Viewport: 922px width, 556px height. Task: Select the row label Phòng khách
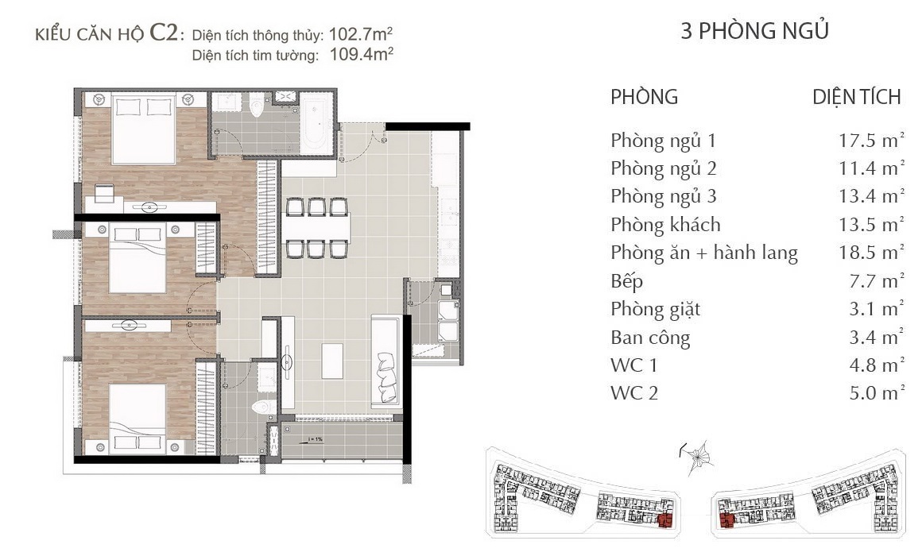point(665,225)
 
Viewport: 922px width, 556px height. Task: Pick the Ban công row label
point(650,338)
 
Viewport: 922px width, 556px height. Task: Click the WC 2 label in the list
point(634,392)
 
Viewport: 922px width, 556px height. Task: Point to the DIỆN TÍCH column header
point(857,97)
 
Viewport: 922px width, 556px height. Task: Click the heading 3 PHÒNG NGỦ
point(755,30)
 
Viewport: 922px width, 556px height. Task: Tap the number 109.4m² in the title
point(361,54)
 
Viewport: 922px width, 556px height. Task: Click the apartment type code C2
point(164,33)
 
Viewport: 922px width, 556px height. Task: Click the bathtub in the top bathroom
point(316,125)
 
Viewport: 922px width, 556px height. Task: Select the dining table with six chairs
point(317,228)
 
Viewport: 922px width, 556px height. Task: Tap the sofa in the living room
point(385,361)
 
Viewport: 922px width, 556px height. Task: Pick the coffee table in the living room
point(332,361)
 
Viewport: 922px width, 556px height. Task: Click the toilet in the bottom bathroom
point(264,407)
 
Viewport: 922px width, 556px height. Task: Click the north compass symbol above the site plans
point(698,457)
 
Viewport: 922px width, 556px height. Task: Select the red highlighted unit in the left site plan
point(665,520)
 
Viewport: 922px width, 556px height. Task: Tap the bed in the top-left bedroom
point(144,129)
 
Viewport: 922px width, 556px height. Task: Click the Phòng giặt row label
point(656,309)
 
